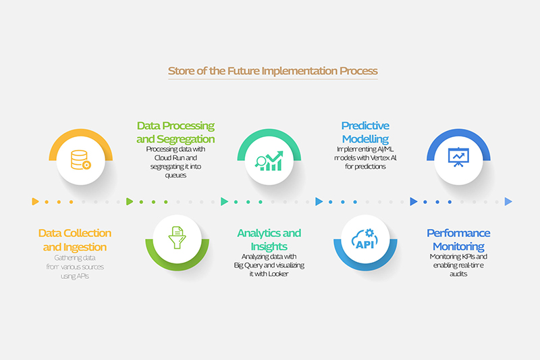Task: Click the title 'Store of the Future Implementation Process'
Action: (x=273, y=71)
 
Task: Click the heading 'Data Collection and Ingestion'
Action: (x=74, y=240)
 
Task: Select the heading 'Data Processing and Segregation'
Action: (x=175, y=132)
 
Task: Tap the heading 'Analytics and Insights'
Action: (x=269, y=240)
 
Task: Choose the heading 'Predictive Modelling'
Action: (x=365, y=132)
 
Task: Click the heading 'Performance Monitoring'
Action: (x=459, y=240)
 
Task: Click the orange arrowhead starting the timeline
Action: (x=34, y=201)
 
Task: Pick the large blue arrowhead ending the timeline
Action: (x=508, y=201)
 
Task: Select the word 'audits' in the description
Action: (x=458, y=274)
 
